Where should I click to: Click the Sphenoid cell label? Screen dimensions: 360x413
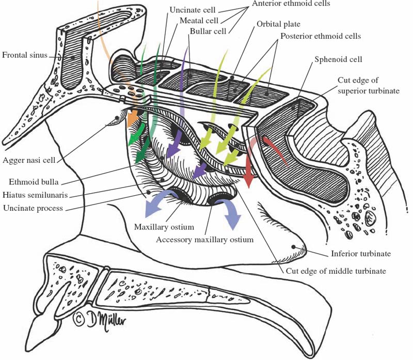[338, 59]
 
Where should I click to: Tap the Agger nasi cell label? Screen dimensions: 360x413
[31, 160]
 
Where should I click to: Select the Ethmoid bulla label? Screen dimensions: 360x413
[33, 182]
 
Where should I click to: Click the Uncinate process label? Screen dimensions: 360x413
[33, 208]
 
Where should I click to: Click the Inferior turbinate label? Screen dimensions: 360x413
[355, 254]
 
